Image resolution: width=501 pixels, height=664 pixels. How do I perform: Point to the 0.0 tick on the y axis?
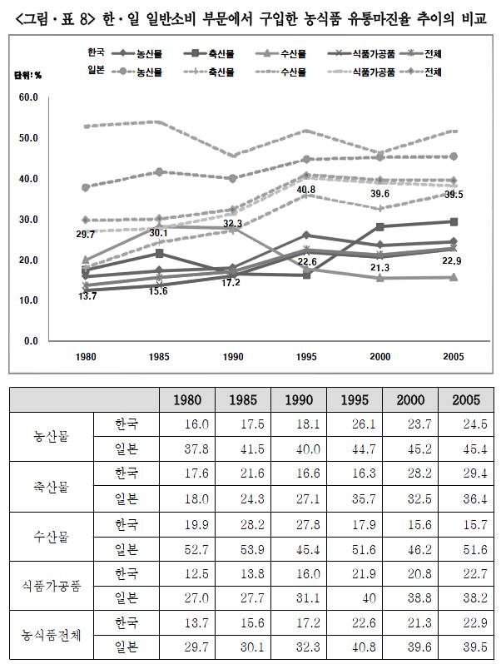[x=30, y=341]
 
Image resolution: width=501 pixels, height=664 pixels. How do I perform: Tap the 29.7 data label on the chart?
[x=85, y=235]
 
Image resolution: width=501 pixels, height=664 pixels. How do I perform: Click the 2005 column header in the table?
[x=466, y=399]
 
